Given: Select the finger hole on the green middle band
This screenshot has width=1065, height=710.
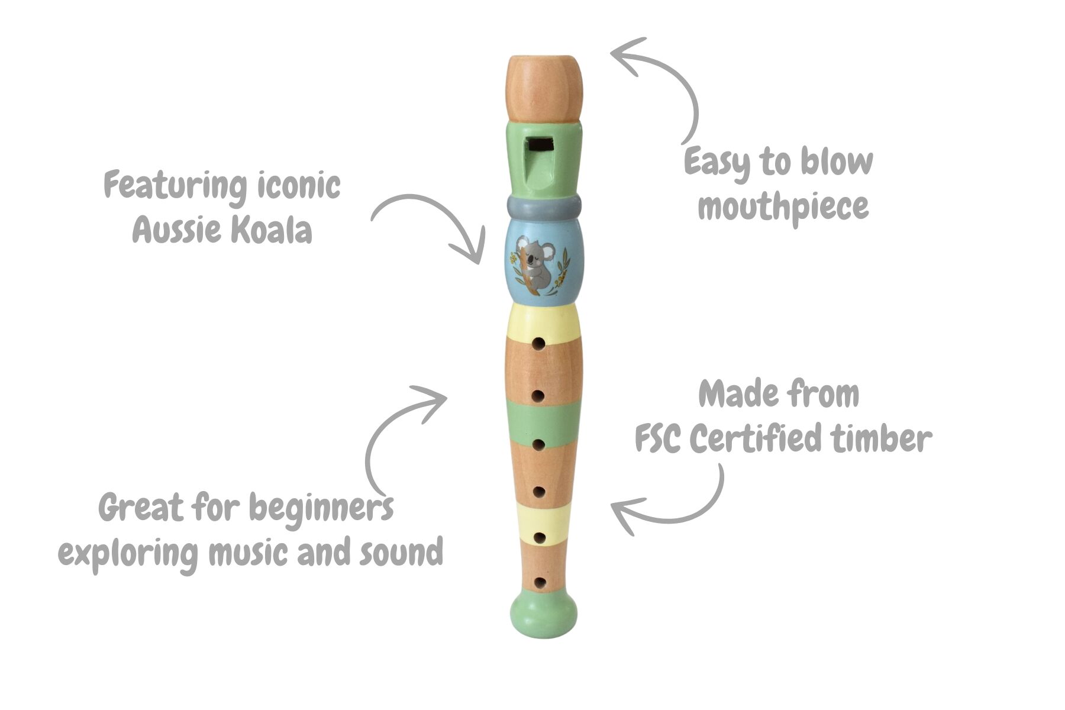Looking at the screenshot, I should click(538, 443).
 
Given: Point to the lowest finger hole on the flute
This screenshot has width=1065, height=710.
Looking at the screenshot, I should click(540, 582).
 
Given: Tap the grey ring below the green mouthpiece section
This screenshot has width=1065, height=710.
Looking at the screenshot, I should click(544, 208).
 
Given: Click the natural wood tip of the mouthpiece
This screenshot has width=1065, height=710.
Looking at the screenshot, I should click(544, 86).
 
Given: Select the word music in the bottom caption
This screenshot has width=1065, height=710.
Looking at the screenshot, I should click(249, 553).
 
